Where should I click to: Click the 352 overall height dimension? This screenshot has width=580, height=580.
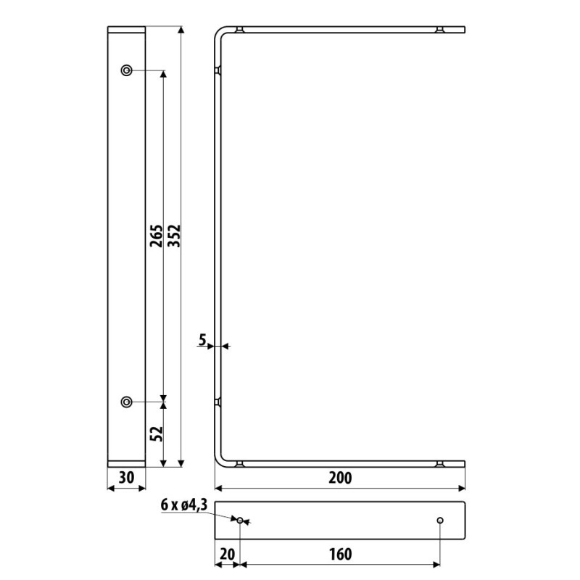[174, 236]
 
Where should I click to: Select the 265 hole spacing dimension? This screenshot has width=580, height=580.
[156, 236]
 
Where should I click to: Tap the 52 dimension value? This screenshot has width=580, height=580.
[156, 434]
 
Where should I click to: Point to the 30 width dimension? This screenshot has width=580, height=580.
[126, 478]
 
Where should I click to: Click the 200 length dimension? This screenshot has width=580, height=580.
[340, 478]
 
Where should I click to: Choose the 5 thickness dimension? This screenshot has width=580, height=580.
[202, 339]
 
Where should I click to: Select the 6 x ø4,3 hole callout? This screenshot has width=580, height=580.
[184, 505]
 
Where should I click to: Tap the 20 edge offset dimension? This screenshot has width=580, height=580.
[227, 554]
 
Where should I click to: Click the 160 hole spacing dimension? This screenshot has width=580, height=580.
[340, 554]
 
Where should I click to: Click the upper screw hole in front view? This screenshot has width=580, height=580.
[126, 70]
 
